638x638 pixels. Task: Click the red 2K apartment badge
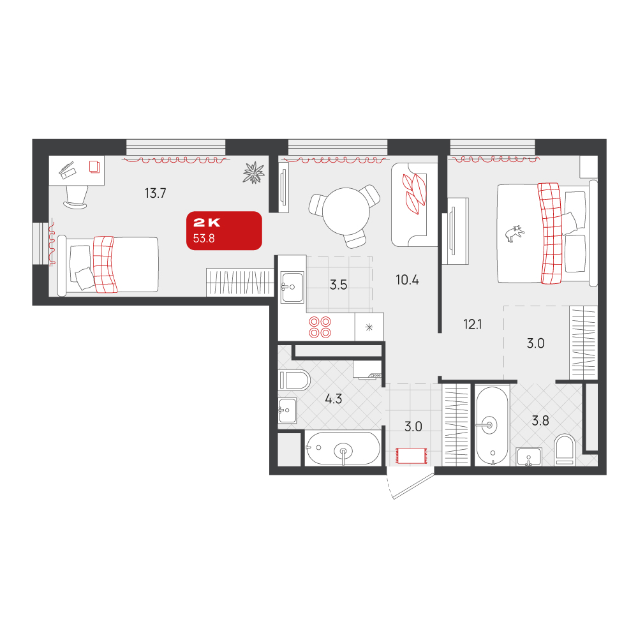(224, 230)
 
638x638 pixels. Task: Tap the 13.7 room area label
(156, 193)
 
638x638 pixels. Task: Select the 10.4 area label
(407, 280)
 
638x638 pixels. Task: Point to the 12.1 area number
(472, 324)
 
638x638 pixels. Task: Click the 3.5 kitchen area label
(339, 285)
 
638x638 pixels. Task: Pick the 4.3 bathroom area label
(333, 399)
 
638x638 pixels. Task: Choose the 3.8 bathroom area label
(540, 420)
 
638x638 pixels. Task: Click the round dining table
(346, 211)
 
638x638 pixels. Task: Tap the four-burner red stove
(320, 327)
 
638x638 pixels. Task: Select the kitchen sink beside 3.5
(292, 287)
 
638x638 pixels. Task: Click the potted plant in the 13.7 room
(254, 172)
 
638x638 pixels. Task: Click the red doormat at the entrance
(412, 456)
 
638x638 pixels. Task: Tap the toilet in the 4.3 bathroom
(295, 380)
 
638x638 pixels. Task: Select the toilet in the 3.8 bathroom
(565, 450)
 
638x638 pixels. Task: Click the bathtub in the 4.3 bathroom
(343, 449)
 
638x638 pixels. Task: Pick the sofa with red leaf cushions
(414, 205)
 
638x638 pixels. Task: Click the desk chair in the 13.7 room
(76, 197)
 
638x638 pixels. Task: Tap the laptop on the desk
(68, 170)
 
